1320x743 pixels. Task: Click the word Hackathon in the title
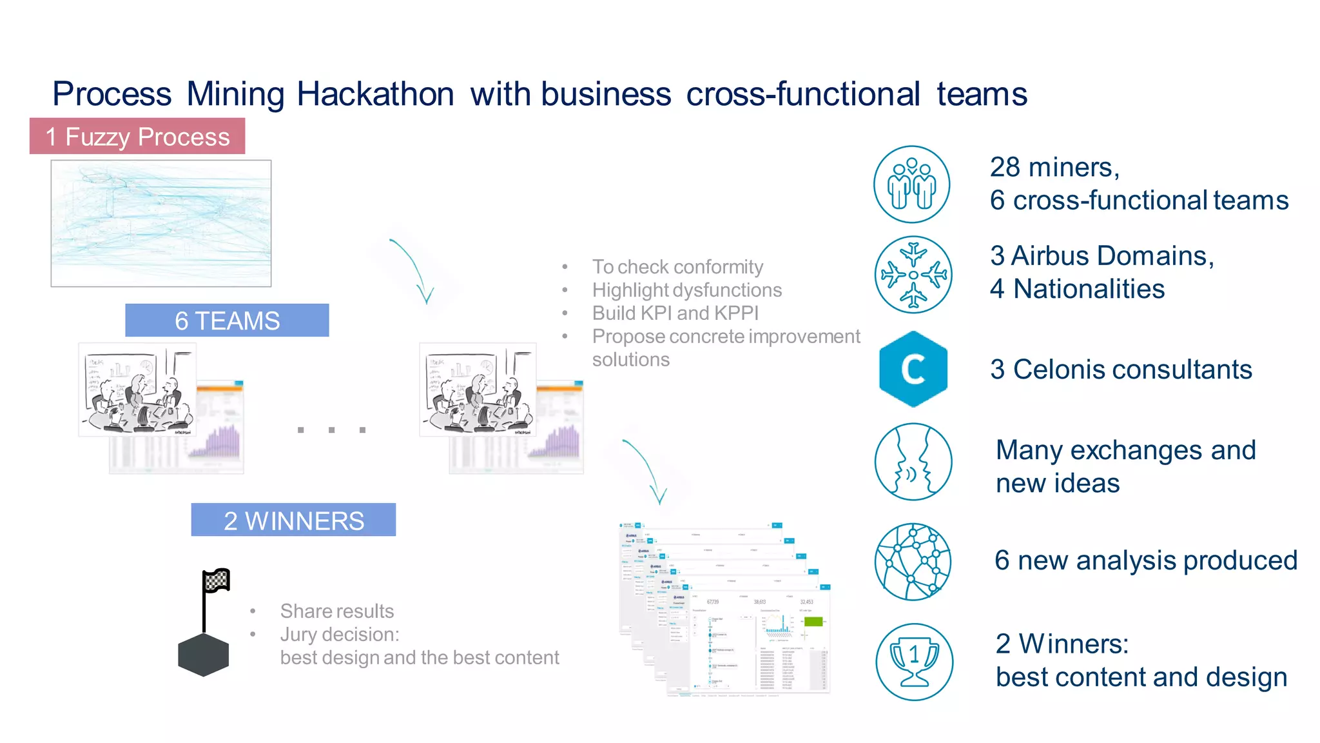[x=375, y=94]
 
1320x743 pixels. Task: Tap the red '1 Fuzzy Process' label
[x=137, y=137]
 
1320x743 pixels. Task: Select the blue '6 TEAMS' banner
[x=227, y=321]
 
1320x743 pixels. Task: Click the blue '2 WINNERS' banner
[x=293, y=520]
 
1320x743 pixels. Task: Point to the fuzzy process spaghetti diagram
[x=161, y=223]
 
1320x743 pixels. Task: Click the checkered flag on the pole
[x=217, y=580]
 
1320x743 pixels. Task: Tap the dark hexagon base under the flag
[x=204, y=655]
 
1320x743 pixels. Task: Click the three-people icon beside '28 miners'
[x=912, y=184]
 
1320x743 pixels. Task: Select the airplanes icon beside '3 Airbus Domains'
[x=913, y=275]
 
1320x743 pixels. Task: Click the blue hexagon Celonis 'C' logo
[x=913, y=369]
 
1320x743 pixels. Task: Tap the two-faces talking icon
[x=913, y=462]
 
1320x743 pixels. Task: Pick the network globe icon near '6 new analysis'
[x=913, y=562]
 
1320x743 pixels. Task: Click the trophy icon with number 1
[x=914, y=662]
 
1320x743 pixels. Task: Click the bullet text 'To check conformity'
[x=677, y=267]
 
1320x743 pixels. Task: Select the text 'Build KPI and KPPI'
[x=675, y=313]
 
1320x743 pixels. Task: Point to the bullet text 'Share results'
[x=336, y=611]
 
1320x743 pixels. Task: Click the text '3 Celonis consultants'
[x=1121, y=370]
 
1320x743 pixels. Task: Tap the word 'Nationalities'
[x=1089, y=289]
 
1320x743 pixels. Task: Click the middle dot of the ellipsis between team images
[x=331, y=430]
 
